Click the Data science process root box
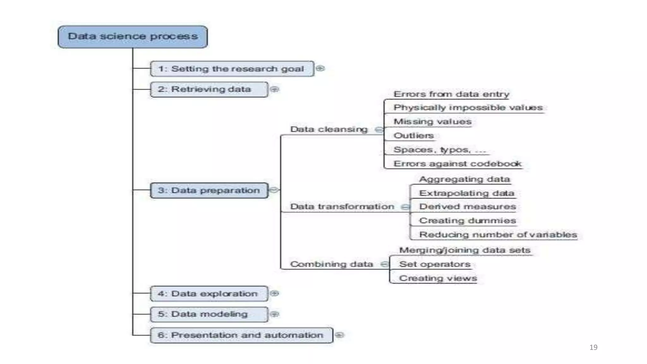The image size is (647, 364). pyautogui.click(x=133, y=37)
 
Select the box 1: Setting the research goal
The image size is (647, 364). pyautogui.click(x=232, y=69)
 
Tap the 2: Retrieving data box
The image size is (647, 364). pyautogui.click(x=209, y=89)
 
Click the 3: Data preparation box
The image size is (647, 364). pyautogui.click(x=209, y=191)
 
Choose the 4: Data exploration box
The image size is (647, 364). pyautogui.click(x=209, y=294)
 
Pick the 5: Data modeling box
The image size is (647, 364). pyautogui.click(x=209, y=314)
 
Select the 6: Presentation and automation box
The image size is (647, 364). pyautogui.click(x=241, y=335)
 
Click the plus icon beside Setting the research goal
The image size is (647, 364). pyautogui.click(x=320, y=68)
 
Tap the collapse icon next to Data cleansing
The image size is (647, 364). pyautogui.click(x=378, y=130)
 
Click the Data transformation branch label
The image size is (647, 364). pyautogui.click(x=342, y=207)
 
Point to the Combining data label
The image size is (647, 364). pyautogui.click(x=331, y=264)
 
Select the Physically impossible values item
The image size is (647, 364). pyautogui.click(x=468, y=108)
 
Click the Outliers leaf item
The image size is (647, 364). pyautogui.click(x=414, y=136)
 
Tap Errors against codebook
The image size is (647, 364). pyautogui.click(x=457, y=164)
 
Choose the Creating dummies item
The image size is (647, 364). pyautogui.click(x=467, y=221)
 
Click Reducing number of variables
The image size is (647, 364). pyautogui.click(x=498, y=235)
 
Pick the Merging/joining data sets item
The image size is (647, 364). pyautogui.click(x=464, y=250)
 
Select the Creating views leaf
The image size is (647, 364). pyautogui.click(x=438, y=278)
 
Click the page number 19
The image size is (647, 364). pyautogui.click(x=593, y=347)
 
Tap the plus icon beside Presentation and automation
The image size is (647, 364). pyautogui.click(x=339, y=335)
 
